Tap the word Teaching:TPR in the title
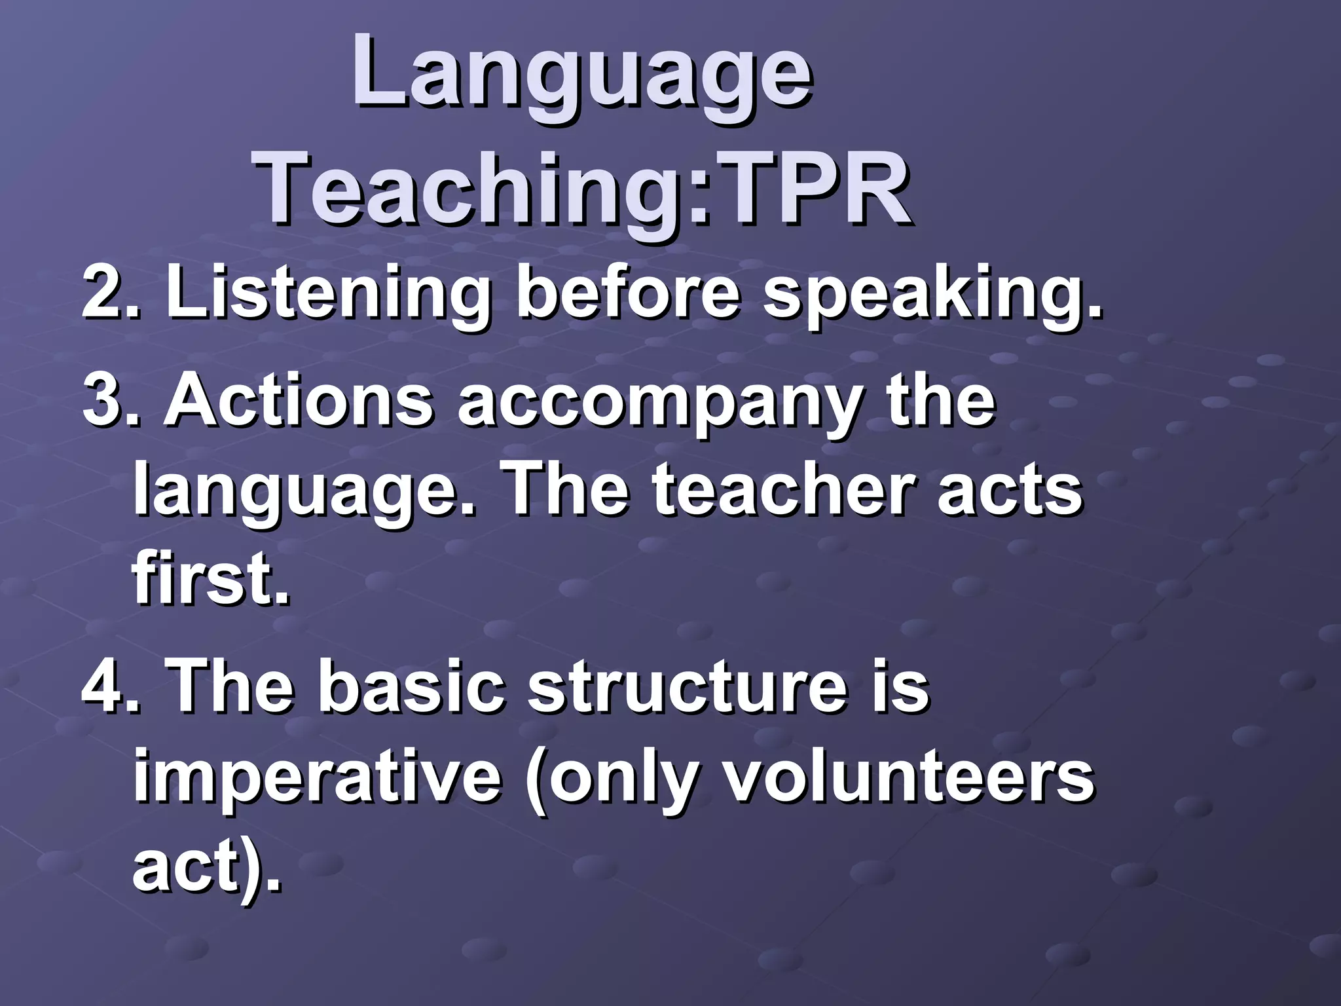point(584,189)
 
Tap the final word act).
point(207,868)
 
